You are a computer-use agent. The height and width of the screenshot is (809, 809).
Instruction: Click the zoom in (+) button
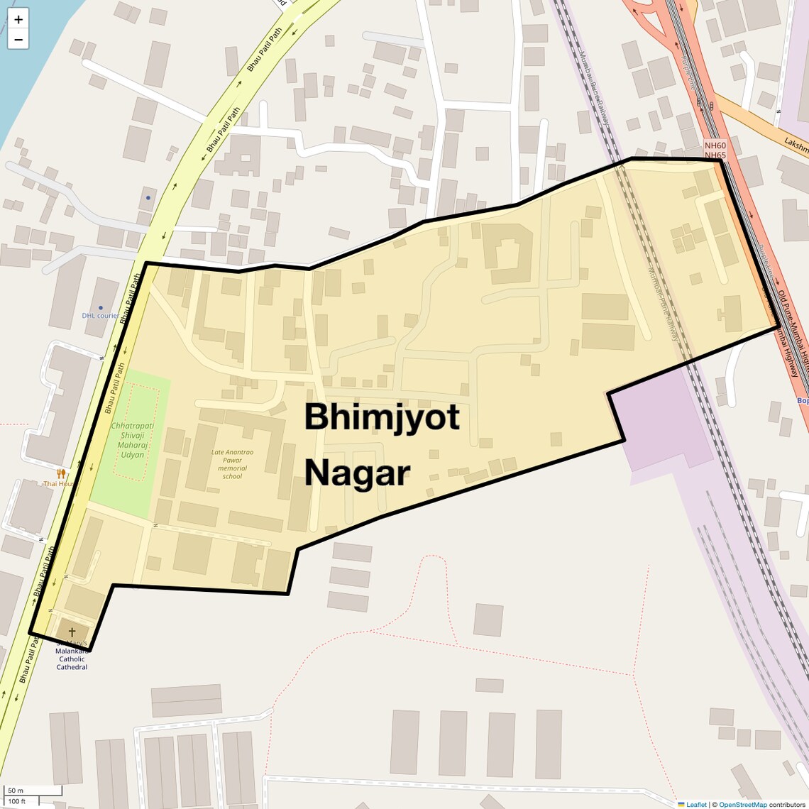point(18,19)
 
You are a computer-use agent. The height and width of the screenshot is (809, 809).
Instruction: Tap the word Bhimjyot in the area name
point(382,417)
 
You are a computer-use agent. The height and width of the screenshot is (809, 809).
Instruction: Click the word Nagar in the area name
point(357,473)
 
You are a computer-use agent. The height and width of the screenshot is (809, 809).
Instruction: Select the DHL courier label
point(100,315)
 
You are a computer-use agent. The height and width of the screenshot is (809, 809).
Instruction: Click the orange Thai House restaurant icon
point(62,473)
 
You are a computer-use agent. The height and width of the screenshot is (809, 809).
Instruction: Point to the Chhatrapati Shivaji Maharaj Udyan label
point(132,440)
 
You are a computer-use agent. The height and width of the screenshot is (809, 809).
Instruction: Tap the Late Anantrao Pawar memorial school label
point(232,463)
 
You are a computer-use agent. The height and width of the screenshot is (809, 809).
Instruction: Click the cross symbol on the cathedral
point(72,631)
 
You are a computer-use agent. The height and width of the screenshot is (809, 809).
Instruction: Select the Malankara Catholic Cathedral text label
point(72,659)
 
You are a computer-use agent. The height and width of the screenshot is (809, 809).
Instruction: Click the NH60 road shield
point(715,145)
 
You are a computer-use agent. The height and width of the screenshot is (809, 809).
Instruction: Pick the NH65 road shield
point(715,155)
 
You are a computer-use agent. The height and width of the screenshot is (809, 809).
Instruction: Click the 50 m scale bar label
point(16,791)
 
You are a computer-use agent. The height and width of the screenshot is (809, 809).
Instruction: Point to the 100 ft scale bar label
point(17,801)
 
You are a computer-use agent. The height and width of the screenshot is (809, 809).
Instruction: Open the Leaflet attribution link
point(695,804)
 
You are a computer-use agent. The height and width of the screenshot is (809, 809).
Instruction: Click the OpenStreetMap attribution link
point(742,804)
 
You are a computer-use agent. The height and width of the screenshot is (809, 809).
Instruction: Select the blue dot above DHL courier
point(148,197)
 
